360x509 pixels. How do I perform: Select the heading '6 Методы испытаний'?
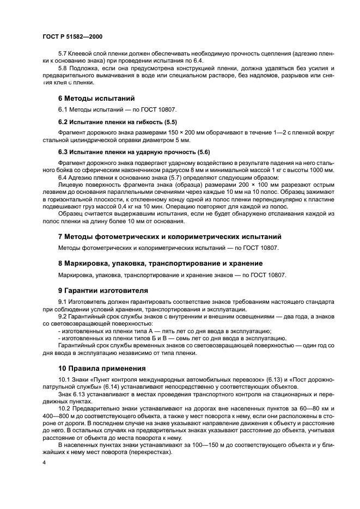coord(88,99)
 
